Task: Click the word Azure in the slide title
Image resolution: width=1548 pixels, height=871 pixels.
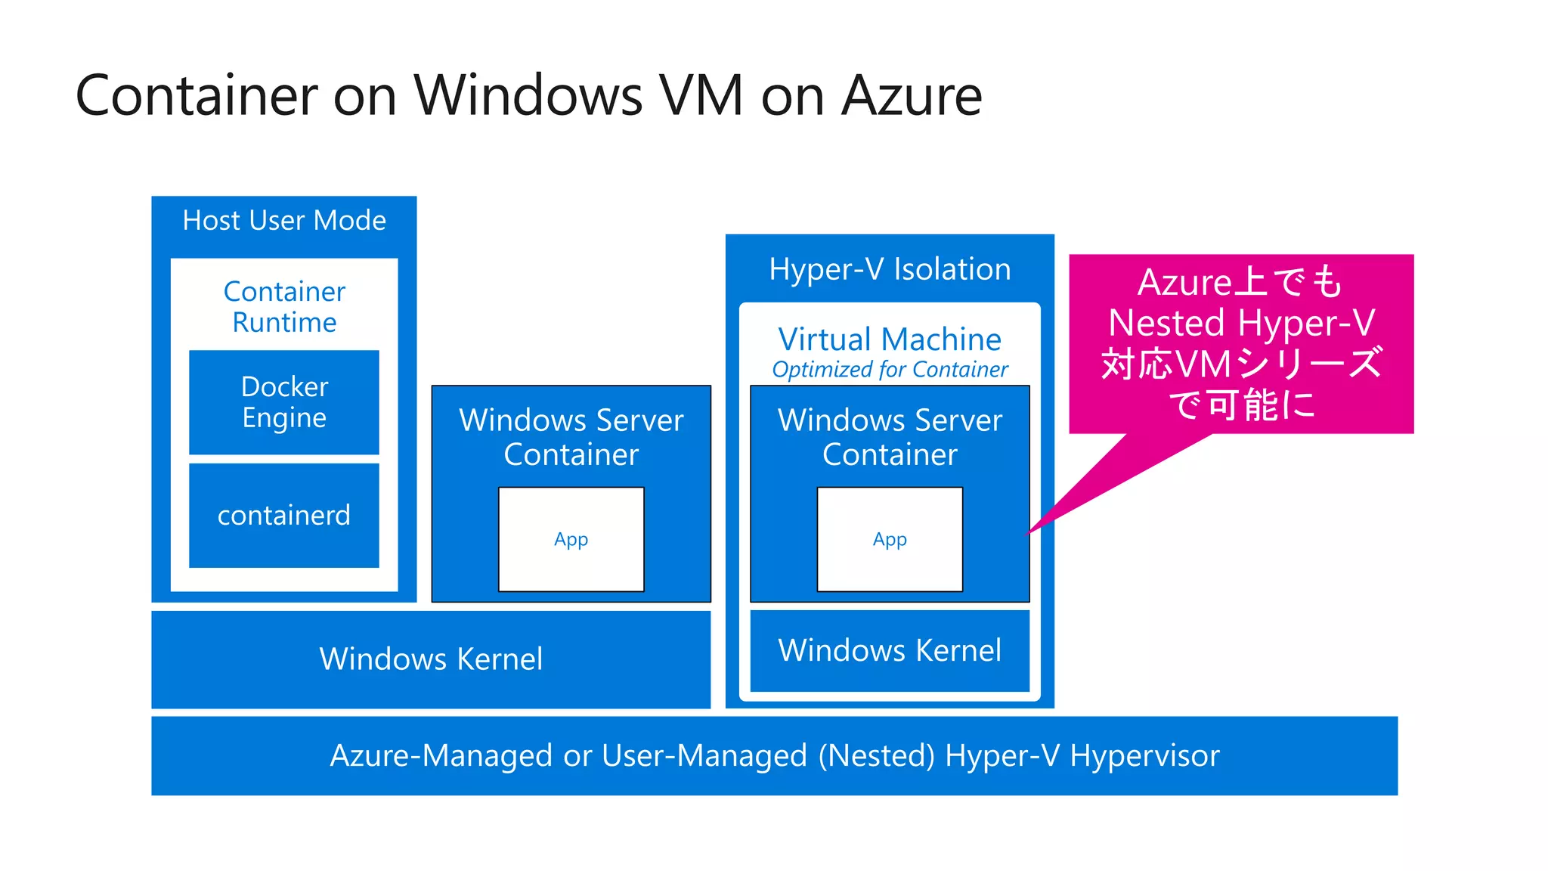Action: point(912,96)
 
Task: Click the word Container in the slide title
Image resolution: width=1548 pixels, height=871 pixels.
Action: point(197,96)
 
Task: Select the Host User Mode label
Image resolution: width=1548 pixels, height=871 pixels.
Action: point(284,221)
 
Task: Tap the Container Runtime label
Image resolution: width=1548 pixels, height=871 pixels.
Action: point(284,307)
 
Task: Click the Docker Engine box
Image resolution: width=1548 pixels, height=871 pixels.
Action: point(284,402)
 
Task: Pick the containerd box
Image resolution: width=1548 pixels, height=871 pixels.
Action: point(284,516)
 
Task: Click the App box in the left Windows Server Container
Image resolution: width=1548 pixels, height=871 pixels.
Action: point(571,540)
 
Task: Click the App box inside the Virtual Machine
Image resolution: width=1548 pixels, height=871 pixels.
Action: point(890,540)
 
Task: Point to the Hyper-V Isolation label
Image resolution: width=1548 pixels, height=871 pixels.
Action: point(890,270)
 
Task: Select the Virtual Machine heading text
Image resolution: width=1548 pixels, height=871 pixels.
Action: point(890,339)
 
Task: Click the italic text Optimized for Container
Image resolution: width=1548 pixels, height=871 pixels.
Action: point(890,370)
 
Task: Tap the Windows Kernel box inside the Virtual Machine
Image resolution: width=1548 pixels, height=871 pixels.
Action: point(890,651)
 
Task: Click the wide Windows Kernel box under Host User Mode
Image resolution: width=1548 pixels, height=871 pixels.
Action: point(431,659)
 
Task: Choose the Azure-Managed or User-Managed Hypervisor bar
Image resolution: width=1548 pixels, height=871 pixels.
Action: point(774,756)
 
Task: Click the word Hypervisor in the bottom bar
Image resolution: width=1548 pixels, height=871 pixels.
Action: point(1144,756)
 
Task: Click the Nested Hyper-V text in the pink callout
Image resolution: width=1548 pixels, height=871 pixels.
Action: point(1241,324)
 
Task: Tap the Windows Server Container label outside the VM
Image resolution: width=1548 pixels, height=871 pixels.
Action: point(571,437)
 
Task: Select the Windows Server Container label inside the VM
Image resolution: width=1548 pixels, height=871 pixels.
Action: point(890,437)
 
